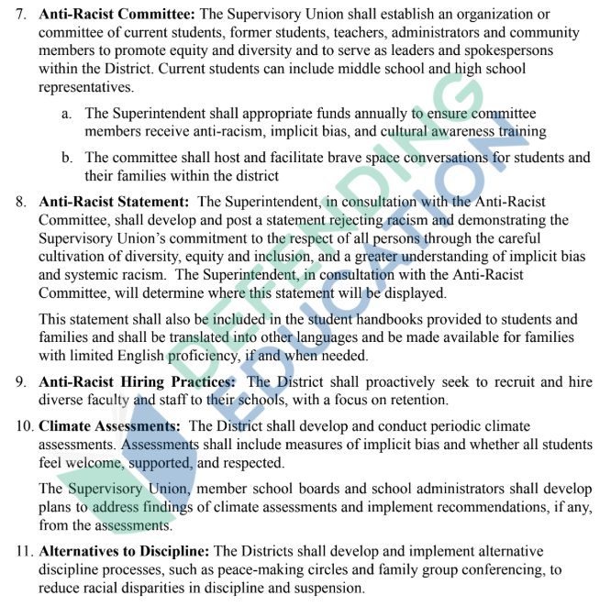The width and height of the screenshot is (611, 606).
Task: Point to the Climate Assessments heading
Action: [109, 426]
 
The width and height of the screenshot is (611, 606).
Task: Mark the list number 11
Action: [22, 551]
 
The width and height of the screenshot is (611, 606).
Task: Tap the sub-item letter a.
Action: [67, 113]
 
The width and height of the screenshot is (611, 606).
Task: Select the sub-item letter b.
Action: [67, 158]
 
